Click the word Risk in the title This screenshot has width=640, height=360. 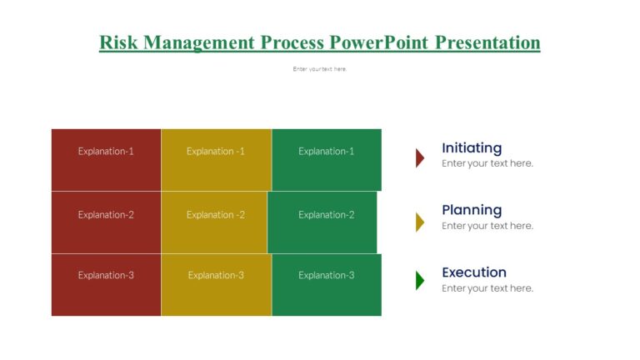117,42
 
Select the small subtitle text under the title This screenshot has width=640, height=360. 320,69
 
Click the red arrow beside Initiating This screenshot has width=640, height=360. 420,157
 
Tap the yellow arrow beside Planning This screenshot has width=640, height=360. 420,221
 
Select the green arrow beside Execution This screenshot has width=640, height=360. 420,281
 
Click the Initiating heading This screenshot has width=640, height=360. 472,148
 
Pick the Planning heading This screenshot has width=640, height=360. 472,210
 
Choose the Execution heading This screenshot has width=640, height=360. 474,272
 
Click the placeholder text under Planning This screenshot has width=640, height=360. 487,226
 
